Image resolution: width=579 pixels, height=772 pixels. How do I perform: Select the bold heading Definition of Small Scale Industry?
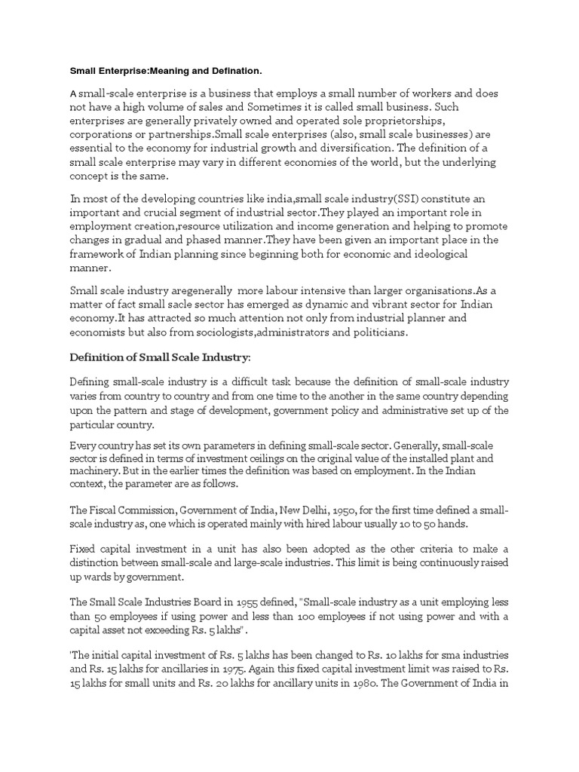coord(159,356)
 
